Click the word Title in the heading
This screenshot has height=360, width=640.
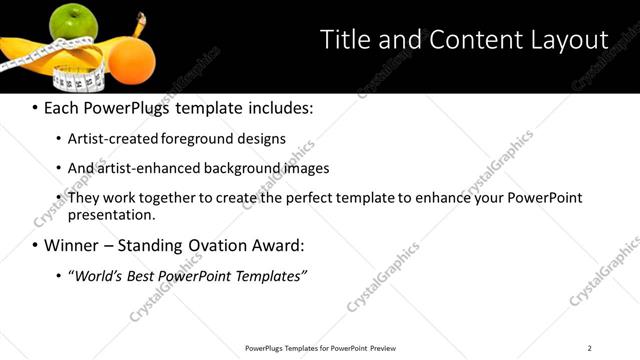[x=342, y=39]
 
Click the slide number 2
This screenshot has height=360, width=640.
[x=590, y=348]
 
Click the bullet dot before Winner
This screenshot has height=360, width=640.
[x=35, y=245]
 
